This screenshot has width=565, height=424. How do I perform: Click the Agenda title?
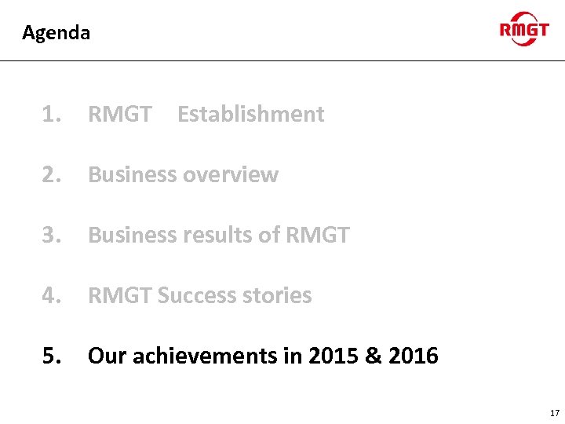point(56,33)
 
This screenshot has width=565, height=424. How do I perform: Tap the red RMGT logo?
point(524,30)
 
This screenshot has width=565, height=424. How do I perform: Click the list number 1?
point(52,115)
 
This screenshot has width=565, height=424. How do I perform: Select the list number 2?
point(52,175)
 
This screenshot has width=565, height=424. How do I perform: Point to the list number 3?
point(52,236)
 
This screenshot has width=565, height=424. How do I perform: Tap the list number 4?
point(52,296)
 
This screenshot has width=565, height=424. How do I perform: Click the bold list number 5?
point(52,356)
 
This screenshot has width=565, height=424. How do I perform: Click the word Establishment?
point(250,115)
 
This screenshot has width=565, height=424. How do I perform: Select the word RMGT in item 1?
point(120,115)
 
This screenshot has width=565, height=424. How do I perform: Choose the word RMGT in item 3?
point(317,236)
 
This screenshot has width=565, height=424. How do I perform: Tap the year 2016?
point(413,356)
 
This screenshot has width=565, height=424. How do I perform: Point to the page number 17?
point(555,413)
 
